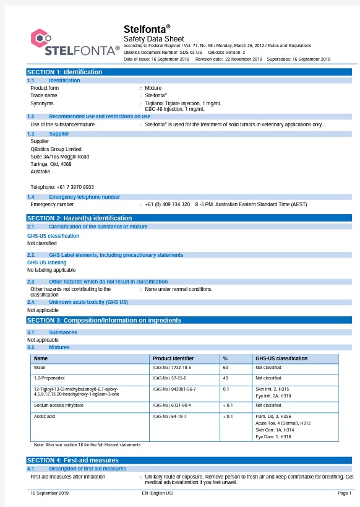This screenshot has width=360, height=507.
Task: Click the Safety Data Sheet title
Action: tap(153, 38)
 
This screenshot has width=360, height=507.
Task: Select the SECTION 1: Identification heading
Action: tap(64, 72)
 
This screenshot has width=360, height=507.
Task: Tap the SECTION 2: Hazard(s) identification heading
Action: tap(79, 218)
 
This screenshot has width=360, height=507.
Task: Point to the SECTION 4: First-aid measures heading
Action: tap(73, 460)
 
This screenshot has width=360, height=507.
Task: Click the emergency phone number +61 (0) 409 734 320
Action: tap(168, 204)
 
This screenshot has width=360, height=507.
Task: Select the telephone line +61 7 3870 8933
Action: tap(62, 187)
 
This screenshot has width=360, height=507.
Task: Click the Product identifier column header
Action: tap(173, 358)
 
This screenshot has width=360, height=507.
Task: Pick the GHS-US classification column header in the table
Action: tap(281, 358)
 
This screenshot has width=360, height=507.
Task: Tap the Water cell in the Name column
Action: tap(40, 367)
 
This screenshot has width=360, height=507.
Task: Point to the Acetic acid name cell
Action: tap(45, 416)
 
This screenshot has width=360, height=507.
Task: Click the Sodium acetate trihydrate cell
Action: tap(59, 405)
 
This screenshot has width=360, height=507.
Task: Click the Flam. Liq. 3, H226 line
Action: tap(273, 416)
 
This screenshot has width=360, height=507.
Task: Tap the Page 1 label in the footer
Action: tap(344, 493)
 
